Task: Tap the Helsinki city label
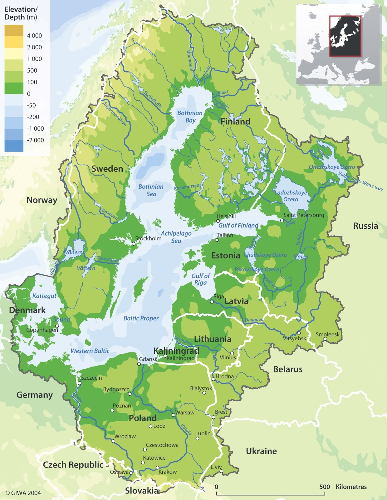226,216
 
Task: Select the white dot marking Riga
212,302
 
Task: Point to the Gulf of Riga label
200,279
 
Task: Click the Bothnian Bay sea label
190,117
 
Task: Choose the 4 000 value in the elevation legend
34,36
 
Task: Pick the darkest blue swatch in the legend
14,146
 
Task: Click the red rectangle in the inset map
345,36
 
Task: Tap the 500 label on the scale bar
325,487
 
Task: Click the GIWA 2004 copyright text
23,493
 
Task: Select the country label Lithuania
213,339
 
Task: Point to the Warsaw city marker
174,415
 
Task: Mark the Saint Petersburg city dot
282,220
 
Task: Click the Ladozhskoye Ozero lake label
291,196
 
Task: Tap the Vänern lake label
74,252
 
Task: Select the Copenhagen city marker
57,326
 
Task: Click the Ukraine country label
261,451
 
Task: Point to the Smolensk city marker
325,339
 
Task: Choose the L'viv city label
216,467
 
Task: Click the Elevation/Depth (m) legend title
21,13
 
